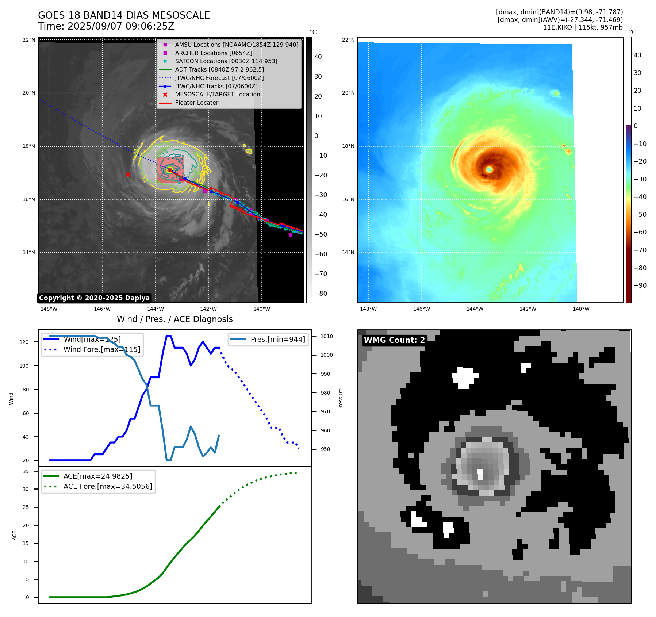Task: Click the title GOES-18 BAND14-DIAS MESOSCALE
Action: pos(124,15)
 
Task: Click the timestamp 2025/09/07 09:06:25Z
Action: pos(121,26)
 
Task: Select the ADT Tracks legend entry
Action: pos(219,69)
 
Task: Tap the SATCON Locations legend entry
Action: pos(226,61)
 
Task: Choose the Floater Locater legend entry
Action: pos(196,103)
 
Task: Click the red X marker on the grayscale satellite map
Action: pos(128,175)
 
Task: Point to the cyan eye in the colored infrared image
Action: pos(489,169)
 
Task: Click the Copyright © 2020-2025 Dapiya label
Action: pos(94,298)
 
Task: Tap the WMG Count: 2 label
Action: pos(394,340)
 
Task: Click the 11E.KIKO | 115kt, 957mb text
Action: pos(583,27)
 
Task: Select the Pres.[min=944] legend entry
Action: pos(278,339)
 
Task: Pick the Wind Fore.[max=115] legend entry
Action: pos(101,349)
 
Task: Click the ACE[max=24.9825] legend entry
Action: pos(98,476)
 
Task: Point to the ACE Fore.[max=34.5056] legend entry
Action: pos(108,486)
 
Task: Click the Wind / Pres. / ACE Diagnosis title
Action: pos(174,319)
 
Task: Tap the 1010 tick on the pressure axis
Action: pos(327,336)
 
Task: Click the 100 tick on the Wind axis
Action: pos(24,366)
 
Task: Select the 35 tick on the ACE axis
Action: pos(26,471)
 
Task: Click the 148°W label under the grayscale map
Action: pos(49,309)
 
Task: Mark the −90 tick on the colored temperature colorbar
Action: pos(640,285)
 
